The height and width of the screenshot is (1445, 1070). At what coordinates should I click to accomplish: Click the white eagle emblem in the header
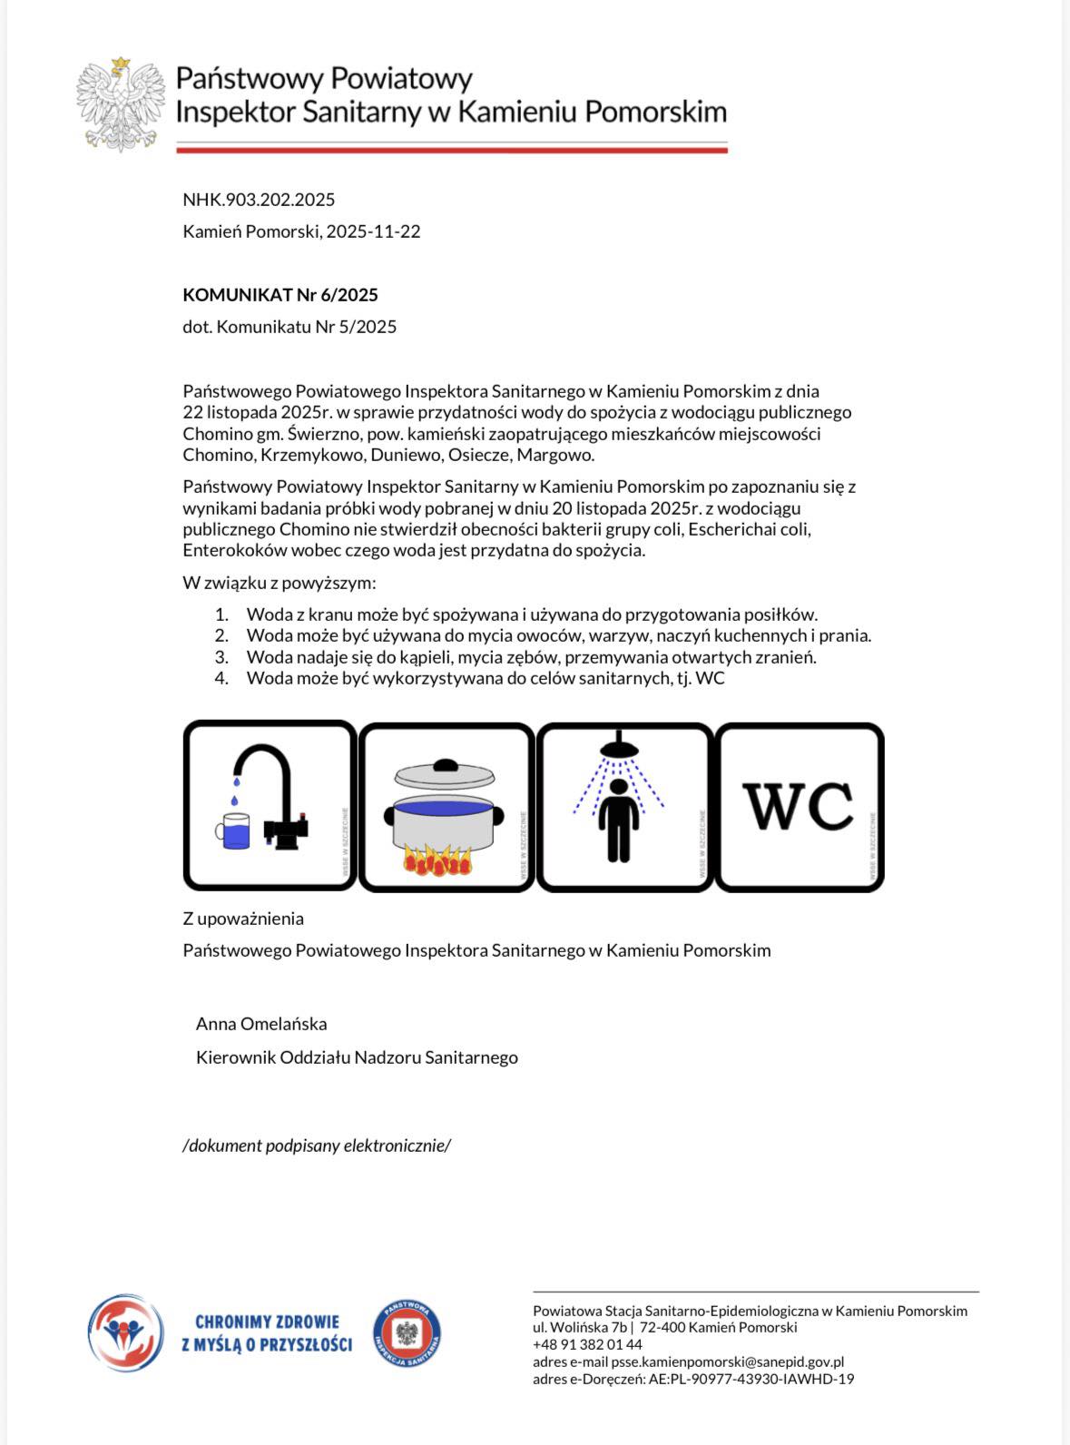121,104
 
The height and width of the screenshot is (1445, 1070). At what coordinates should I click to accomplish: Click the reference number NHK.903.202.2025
259,200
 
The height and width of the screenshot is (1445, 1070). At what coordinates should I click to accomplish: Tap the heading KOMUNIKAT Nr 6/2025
280,295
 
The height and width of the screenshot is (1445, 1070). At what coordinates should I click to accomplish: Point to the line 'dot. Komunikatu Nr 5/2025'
290,327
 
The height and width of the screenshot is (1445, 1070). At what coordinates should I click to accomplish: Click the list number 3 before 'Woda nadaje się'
221,657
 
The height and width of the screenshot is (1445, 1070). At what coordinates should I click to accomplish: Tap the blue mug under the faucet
234,831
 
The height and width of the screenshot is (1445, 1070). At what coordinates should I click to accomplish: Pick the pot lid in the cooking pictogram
445,775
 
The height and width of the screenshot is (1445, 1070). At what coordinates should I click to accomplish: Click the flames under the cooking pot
437,861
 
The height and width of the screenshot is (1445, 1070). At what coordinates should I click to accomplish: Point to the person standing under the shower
619,821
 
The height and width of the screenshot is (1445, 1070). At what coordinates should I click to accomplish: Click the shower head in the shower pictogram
619,748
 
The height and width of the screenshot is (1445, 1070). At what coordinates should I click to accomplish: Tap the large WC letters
798,806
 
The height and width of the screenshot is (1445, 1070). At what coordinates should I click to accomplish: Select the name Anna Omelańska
261,1024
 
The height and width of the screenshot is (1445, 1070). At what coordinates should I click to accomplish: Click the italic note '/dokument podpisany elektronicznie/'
317,1145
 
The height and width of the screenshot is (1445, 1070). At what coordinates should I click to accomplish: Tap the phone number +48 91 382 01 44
587,1344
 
